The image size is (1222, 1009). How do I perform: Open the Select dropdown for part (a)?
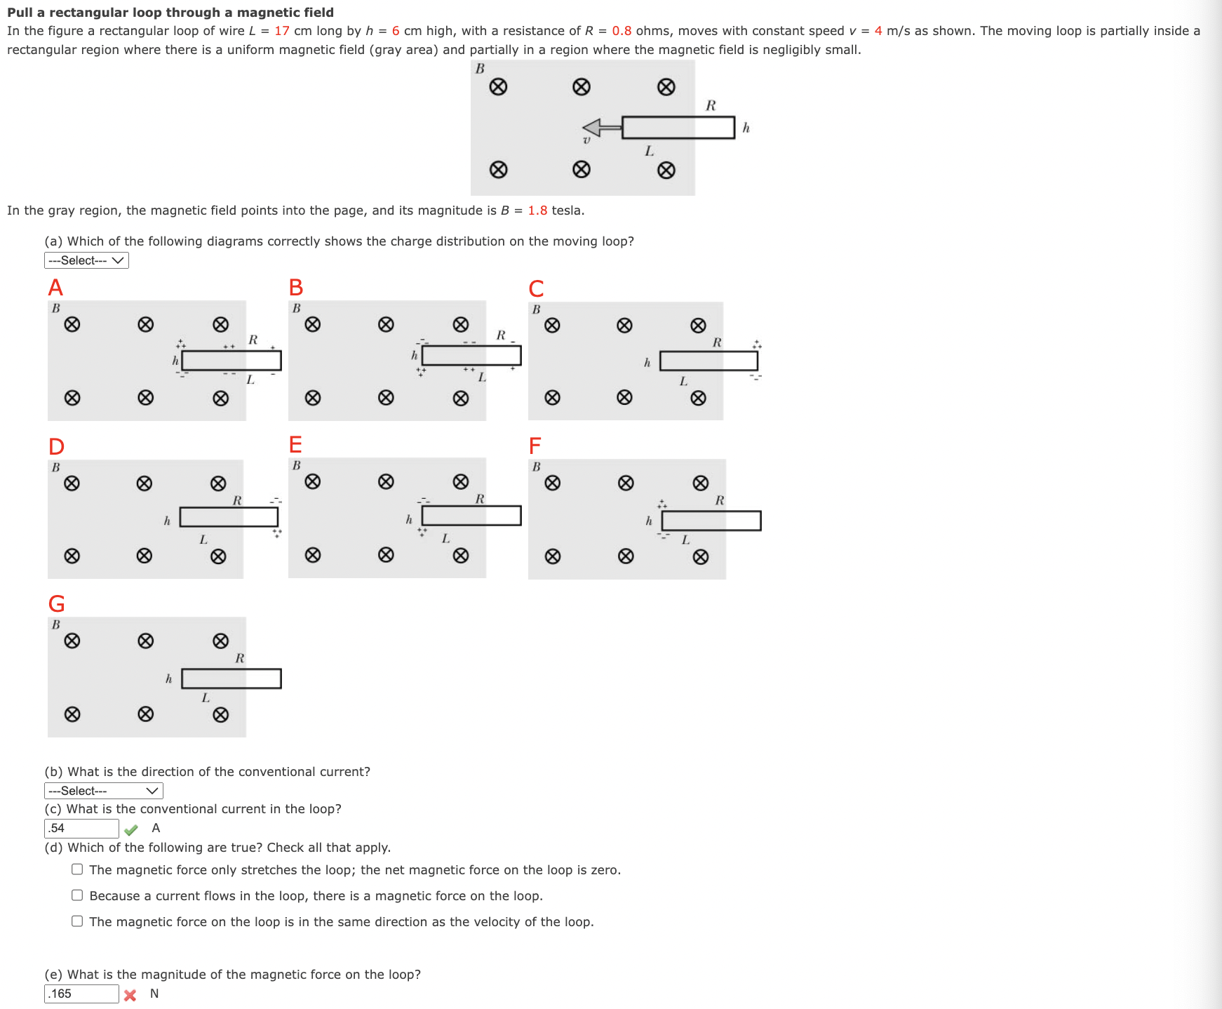pos(86,260)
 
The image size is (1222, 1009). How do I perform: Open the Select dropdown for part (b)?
pos(103,791)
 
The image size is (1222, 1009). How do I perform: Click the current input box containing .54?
pos(81,828)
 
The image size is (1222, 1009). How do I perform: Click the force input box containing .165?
pos(81,994)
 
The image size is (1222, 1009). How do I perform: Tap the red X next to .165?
pos(130,995)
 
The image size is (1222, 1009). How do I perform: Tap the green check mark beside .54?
pos(131,830)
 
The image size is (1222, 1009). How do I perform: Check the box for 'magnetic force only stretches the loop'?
pos(77,869)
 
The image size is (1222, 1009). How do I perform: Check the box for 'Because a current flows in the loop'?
pos(77,895)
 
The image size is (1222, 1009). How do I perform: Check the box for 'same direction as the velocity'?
pos(77,921)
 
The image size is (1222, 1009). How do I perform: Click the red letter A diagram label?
pos(55,288)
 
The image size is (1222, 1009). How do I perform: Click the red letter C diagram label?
pos(536,288)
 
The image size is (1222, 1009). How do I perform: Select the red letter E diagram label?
pos(295,445)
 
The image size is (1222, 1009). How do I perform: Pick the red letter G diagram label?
pos(56,603)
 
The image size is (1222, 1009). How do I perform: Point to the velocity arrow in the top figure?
pos(602,128)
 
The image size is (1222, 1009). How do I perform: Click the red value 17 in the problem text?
pos(282,31)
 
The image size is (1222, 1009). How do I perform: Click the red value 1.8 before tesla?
pos(537,211)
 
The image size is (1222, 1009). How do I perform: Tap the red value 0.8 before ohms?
pos(622,31)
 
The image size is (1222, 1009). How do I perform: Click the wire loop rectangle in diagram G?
pos(231,679)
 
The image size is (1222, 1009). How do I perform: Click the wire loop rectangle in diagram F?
pos(711,521)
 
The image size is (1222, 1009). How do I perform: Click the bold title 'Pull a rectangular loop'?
pos(170,13)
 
